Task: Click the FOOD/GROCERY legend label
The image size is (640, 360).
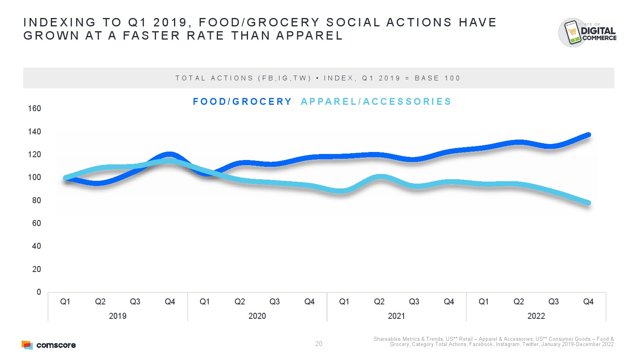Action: pyautogui.click(x=242, y=102)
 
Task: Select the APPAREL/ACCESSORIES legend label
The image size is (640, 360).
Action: pyautogui.click(x=376, y=102)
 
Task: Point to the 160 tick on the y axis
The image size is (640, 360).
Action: pyautogui.click(x=34, y=108)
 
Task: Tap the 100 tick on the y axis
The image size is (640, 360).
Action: pyautogui.click(x=34, y=177)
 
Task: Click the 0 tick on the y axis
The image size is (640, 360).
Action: pyautogui.click(x=38, y=292)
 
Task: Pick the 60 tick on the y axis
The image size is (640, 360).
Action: pyautogui.click(x=36, y=223)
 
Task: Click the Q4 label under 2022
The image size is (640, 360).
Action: pyautogui.click(x=588, y=302)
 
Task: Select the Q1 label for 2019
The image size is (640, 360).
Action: pyautogui.click(x=65, y=302)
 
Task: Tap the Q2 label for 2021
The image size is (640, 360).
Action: pyautogui.click(x=379, y=302)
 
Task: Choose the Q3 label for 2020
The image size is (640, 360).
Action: pyautogui.click(x=274, y=302)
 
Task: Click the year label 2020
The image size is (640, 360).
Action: pyautogui.click(x=257, y=316)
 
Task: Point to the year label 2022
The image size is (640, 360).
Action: pyautogui.click(x=536, y=316)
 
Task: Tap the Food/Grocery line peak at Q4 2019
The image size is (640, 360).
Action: pyautogui.click(x=169, y=154)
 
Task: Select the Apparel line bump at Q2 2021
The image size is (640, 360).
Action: pyautogui.click(x=380, y=177)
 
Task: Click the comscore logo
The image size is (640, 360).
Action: pyautogui.click(x=49, y=345)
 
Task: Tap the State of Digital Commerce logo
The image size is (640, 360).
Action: pyautogui.click(x=587, y=32)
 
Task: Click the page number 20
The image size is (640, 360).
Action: pyautogui.click(x=319, y=344)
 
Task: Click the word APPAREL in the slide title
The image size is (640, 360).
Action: pyautogui.click(x=310, y=36)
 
